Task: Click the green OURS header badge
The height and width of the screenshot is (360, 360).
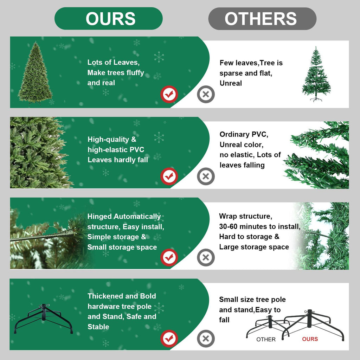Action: (x=109, y=18)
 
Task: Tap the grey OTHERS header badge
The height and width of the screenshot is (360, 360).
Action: (x=262, y=18)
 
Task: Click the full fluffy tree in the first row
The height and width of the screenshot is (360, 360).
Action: (x=35, y=73)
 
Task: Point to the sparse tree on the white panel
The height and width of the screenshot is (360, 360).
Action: (x=316, y=75)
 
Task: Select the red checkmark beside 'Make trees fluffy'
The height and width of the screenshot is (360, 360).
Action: (x=169, y=94)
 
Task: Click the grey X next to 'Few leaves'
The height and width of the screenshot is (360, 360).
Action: (x=206, y=94)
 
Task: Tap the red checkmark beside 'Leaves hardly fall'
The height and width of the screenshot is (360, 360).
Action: (x=169, y=176)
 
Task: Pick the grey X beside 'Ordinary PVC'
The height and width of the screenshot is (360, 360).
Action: (x=206, y=176)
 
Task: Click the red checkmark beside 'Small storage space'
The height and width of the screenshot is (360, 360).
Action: (x=169, y=258)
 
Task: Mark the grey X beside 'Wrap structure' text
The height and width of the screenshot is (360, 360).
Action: (x=206, y=258)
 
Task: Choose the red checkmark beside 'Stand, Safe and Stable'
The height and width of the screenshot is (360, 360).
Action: (x=169, y=339)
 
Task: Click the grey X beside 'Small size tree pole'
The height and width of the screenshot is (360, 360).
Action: (x=206, y=339)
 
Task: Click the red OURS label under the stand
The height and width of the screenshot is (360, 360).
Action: (x=310, y=339)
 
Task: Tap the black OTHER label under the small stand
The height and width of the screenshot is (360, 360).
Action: (x=266, y=340)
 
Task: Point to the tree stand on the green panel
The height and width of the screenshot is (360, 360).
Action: (x=43, y=319)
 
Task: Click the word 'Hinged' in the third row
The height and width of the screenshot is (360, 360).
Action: (x=99, y=217)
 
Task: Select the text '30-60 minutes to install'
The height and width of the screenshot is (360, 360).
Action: (x=259, y=226)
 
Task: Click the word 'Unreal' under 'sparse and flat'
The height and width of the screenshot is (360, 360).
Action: (x=231, y=83)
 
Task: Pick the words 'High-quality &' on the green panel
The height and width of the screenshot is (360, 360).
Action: (x=112, y=140)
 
